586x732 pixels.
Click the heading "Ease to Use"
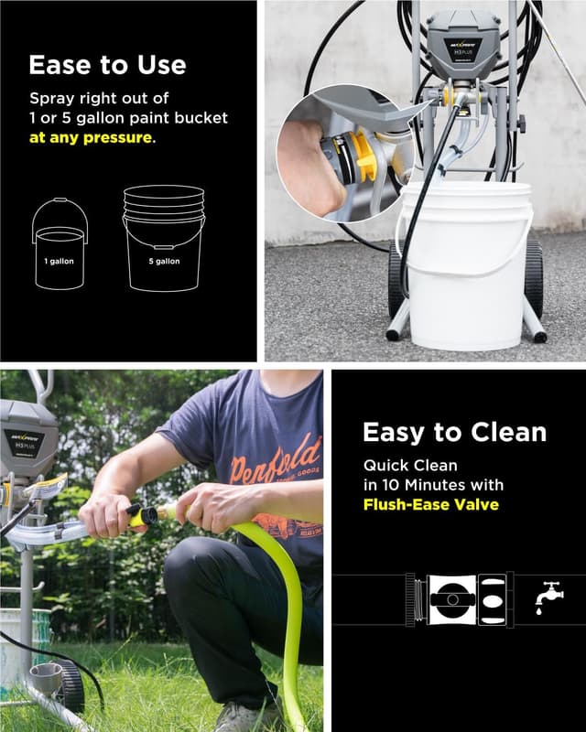tap(107, 65)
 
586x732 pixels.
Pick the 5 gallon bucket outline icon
tap(165, 240)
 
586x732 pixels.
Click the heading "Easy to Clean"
tap(454, 432)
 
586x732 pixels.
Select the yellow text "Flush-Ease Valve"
tap(430, 504)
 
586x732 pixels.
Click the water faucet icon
tap(549, 597)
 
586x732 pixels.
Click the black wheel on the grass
tap(70, 685)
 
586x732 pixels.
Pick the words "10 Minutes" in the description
tap(459, 485)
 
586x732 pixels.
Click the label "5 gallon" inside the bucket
tap(166, 261)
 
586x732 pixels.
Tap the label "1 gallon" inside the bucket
tap(60, 261)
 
